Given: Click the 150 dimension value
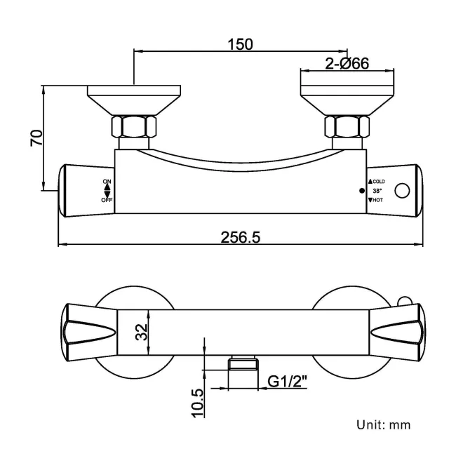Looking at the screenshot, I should [240, 43].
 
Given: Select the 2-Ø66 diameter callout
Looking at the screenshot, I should [347, 64].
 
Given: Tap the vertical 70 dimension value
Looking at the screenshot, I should [36, 138].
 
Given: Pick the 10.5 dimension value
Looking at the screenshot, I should [199, 401].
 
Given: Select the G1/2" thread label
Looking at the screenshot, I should [289, 382].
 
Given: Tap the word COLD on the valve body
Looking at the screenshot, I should [379, 182].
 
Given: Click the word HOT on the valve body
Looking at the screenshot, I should [377, 201].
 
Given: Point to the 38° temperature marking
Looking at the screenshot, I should [377, 191].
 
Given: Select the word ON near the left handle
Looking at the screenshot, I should [107, 182].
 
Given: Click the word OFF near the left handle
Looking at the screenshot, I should [107, 200].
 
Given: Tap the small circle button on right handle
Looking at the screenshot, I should [403, 191].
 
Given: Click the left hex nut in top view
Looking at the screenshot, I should [134, 126].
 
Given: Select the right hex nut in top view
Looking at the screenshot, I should [347, 126].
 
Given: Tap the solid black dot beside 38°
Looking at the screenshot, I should [362, 191].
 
